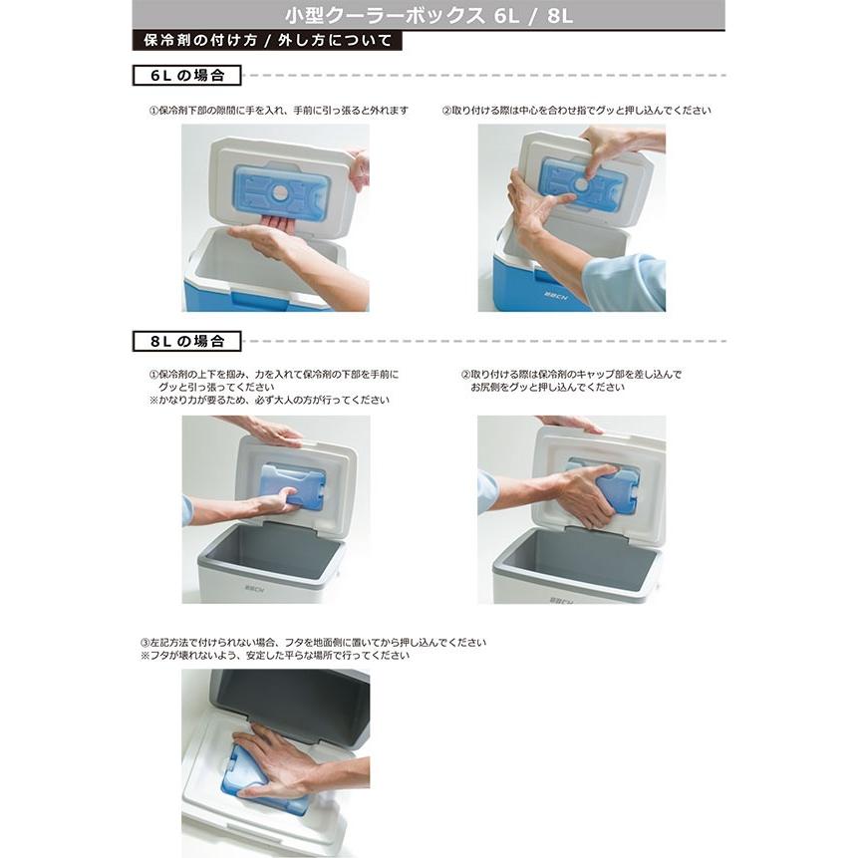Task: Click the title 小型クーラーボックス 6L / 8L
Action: point(429,17)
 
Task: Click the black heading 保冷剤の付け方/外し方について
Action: point(267,42)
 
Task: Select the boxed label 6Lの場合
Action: point(187,76)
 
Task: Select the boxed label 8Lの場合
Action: point(187,341)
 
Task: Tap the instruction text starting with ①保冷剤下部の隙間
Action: point(278,111)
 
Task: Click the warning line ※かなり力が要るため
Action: point(269,400)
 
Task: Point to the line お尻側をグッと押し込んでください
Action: point(548,387)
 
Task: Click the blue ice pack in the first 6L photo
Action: point(281,190)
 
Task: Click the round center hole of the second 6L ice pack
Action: point(581,184)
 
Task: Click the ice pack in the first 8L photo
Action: point(292,487)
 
